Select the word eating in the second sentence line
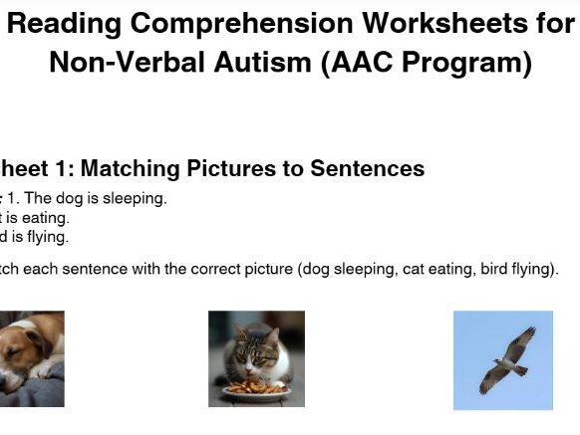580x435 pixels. (48, 217)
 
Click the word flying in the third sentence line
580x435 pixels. (47, 237)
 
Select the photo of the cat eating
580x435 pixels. (256, 358)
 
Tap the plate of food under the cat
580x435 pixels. (255, 388)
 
